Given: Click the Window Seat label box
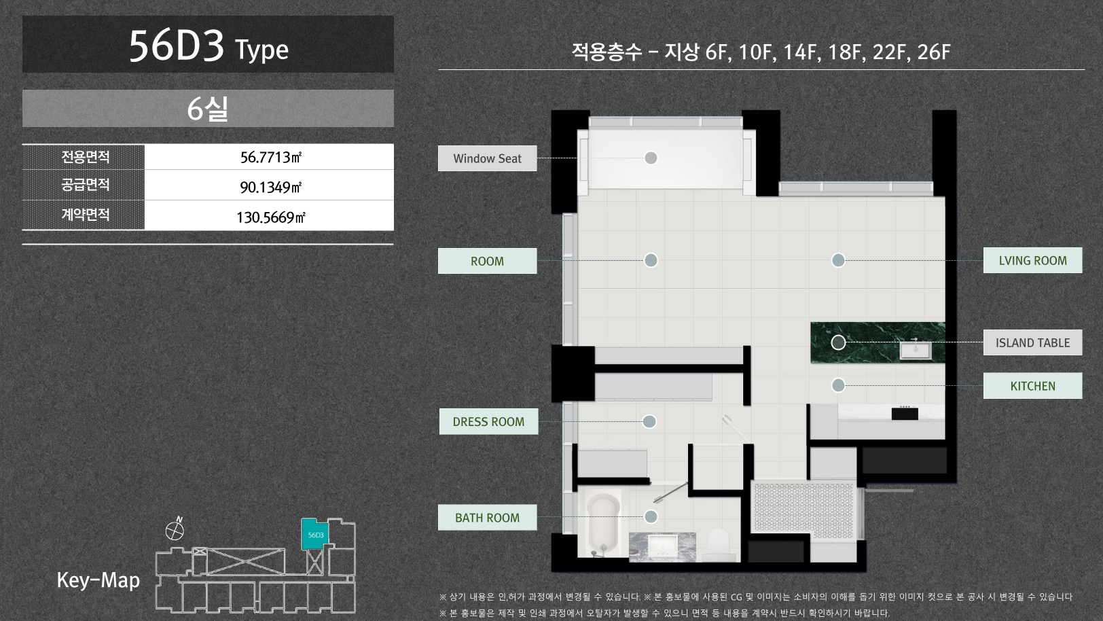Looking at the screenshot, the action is (488, 158).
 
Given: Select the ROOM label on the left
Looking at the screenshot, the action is (488, 260).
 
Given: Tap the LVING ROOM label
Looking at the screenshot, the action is (1032, 260).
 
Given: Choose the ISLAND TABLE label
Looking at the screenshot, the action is (1032, 342).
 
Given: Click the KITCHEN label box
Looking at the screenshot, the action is (1032, 386).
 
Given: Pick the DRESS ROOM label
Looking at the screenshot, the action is (488, 421).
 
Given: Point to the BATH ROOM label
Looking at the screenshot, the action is (488, 517).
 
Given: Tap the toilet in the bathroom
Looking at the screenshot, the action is (719, 544).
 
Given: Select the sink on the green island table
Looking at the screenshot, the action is (916, 350).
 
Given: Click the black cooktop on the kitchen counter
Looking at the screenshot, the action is (905, 413).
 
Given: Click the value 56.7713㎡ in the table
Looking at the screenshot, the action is (271, 157).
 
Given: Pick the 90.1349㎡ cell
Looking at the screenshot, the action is (271, 187).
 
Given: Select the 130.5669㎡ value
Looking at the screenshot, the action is (271, 217).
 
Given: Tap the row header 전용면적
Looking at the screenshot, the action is (85, 157).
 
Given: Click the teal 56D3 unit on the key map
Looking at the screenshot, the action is (314, 534).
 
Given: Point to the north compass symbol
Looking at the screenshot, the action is (175, 529).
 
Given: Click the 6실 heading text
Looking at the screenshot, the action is (208, 108).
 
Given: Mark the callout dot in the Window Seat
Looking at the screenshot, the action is (651, 158).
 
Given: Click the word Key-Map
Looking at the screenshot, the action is (98, 580).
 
